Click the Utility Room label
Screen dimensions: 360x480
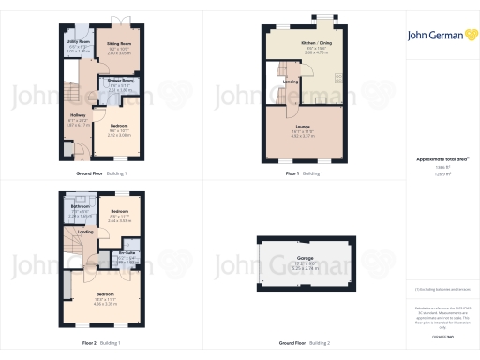tap(78, 42)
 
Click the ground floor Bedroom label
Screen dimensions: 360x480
tap(118, 125)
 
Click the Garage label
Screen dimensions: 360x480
tap(305, 256)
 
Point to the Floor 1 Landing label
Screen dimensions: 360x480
tap(290, 82)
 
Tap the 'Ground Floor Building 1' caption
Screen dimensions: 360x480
tap(101, 174)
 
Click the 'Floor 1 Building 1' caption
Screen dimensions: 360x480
tap(304, 174)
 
